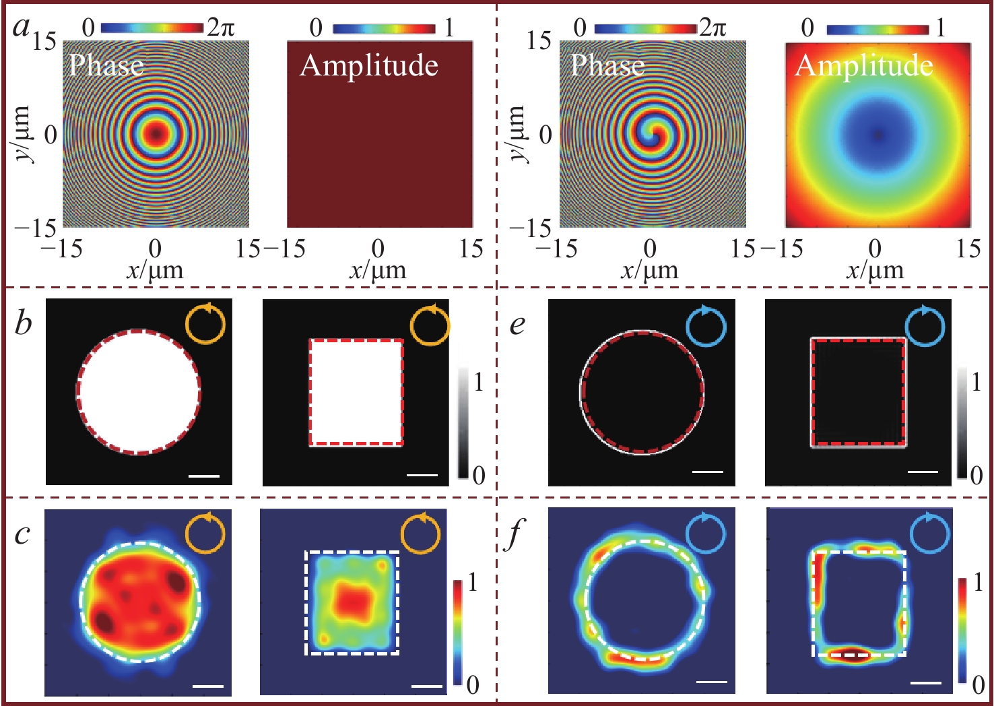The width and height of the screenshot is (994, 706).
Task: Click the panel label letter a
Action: point(22,28)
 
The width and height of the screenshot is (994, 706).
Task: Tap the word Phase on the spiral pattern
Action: point(607,65)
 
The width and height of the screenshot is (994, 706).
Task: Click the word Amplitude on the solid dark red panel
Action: point(369,65)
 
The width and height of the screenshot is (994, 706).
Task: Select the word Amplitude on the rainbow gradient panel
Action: point(864,65)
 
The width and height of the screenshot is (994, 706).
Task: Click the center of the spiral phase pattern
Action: point(649,134)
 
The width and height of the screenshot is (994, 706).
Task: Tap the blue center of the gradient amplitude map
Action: point(877,134)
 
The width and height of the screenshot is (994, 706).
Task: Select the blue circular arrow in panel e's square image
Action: point(925,325)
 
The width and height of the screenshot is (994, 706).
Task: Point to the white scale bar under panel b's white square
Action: point(422,475)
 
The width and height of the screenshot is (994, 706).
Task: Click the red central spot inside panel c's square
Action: point(352,599)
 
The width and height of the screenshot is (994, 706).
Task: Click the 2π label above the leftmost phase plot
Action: point(221,28)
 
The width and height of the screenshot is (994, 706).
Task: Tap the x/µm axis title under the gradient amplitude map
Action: point(874,271)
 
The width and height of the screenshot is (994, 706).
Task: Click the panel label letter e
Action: point(517,325)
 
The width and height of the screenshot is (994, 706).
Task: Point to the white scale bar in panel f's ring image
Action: point(711,682)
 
